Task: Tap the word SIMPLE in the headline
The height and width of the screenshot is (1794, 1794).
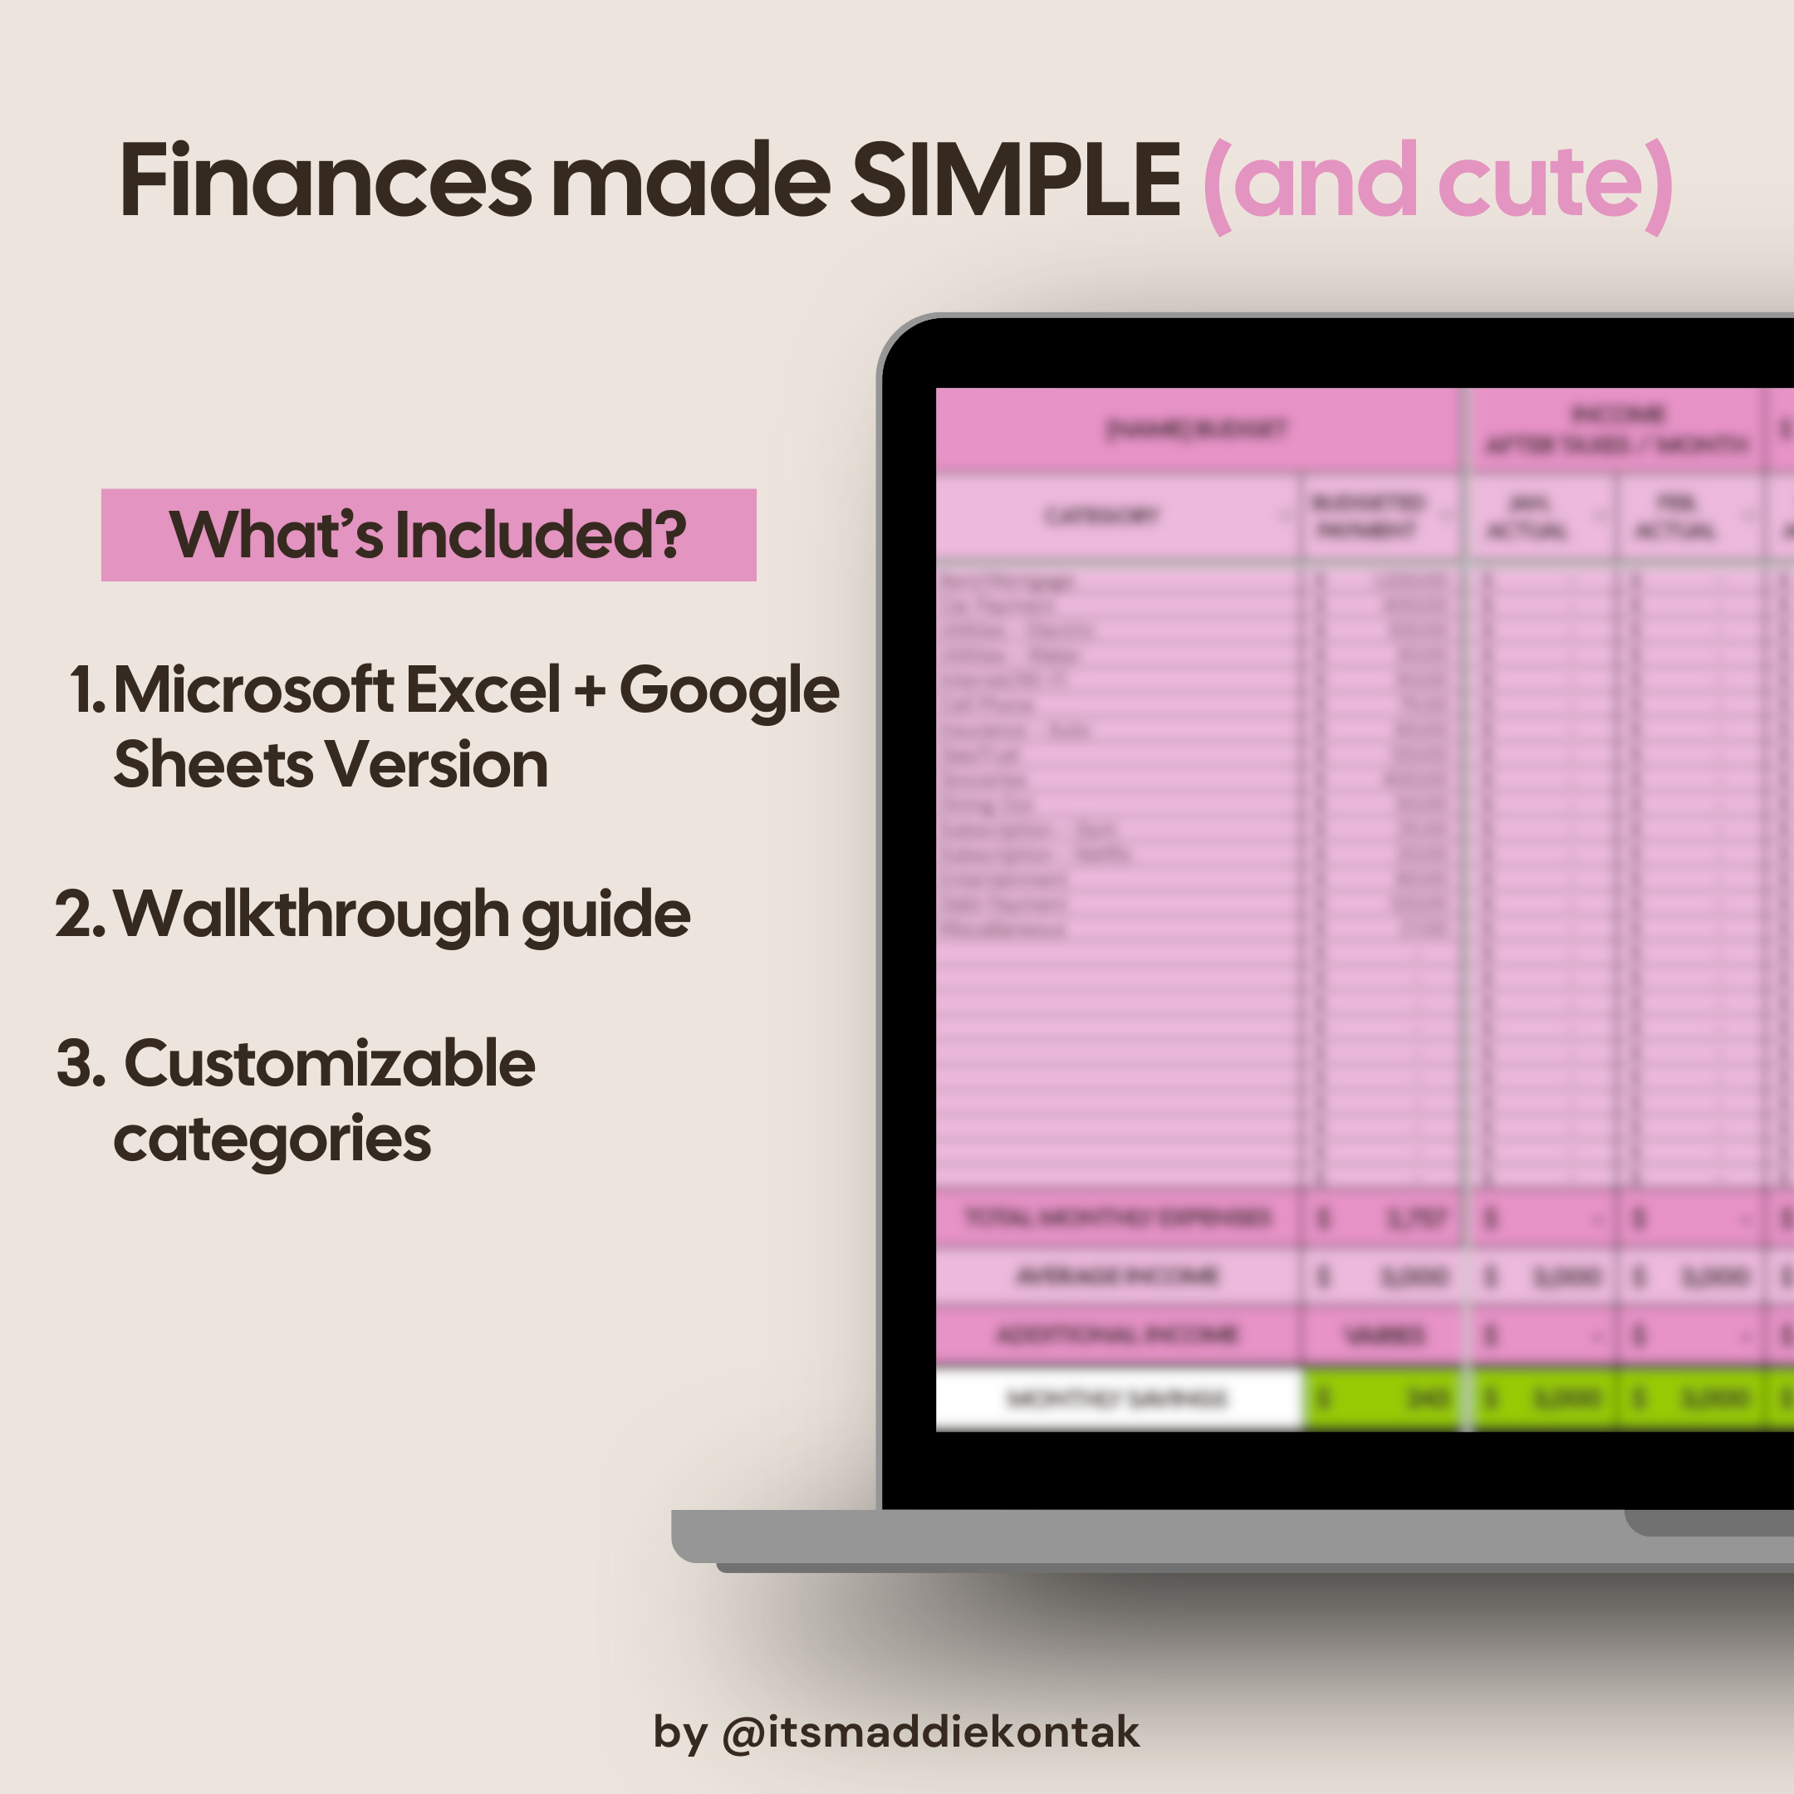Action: [1015, 181]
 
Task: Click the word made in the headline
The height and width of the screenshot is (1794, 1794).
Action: [691, 181]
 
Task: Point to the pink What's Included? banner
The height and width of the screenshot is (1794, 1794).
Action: [428, 535]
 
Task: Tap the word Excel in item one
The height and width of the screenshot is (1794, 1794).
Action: [483, 690]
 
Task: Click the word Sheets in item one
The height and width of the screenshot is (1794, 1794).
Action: [213, 764]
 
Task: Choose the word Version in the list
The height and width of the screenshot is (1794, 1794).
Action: [436, 764]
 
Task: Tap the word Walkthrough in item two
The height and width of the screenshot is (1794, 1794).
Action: [312, 914]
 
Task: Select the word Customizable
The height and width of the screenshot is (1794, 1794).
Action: [330, 1063]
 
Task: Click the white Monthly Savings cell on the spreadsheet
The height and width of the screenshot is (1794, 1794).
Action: [1117, 1398]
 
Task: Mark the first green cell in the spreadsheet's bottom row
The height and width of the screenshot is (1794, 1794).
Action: [1384, 1398]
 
